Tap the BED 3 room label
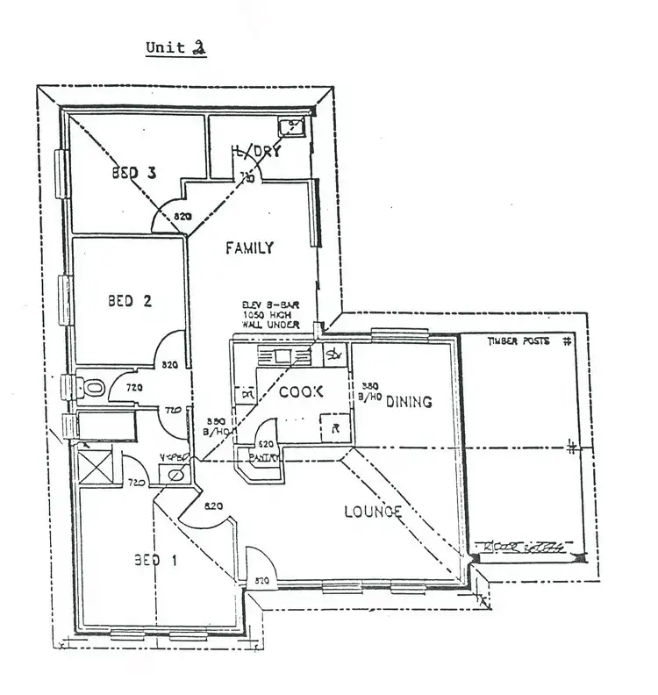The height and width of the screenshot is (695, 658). click(x=133, y=174)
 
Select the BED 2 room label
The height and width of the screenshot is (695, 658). click(x=130, y=301)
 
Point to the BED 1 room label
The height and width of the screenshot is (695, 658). click(x=155, y=561)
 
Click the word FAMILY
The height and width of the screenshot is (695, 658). click(x=249, y=248)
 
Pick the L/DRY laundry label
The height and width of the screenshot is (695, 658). click(x=256, y=152)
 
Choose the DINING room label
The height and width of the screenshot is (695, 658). click(x=408, y=402)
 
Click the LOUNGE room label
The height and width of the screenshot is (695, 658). click(x=372, y=512)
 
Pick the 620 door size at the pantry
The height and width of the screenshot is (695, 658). click(x=268, y=445)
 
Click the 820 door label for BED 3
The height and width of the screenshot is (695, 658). click(x=182, y=216)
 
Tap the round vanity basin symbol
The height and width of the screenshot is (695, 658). click(x=175, y=475)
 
